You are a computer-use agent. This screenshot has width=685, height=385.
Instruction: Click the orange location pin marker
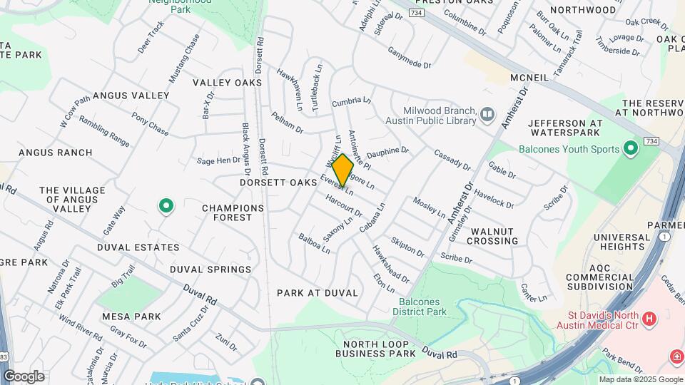342,170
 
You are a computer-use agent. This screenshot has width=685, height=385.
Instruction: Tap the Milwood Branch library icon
487,114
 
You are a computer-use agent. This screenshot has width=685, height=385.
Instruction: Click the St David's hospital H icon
649,319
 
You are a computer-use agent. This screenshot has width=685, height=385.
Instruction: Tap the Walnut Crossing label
492,236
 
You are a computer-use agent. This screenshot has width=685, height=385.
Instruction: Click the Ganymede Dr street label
410,58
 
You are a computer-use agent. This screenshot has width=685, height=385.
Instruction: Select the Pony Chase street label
150,125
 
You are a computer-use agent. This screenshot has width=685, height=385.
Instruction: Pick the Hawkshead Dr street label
391,264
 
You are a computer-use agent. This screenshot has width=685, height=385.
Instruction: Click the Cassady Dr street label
452,160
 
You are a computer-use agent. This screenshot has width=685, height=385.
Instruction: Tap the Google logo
24,376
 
